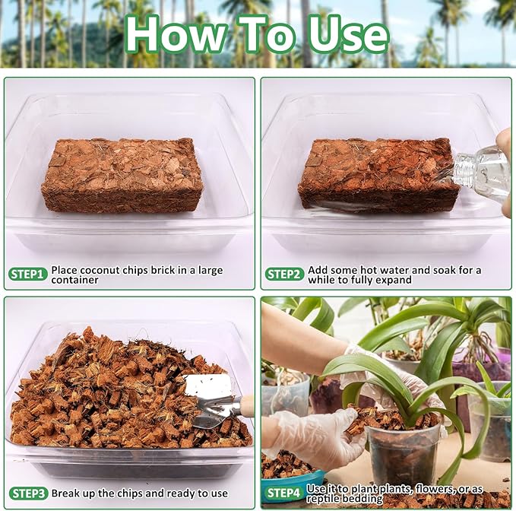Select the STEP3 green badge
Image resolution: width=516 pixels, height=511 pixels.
[28, 493]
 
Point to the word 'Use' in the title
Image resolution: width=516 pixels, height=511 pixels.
[343, 34]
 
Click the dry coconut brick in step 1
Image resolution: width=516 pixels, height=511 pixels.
[122, 174]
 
